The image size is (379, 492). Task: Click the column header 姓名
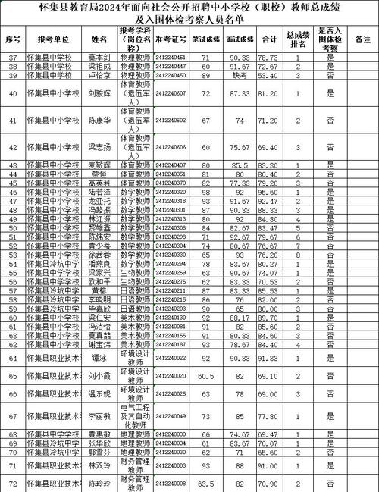click(99, 38)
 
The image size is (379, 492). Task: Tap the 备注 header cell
click(362, 38)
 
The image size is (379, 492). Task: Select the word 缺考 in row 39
click(240, 76)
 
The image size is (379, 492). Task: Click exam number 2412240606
click(170, 147)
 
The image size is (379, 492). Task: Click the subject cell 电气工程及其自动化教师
click(135, 415)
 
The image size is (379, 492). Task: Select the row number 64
click(12, 358)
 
